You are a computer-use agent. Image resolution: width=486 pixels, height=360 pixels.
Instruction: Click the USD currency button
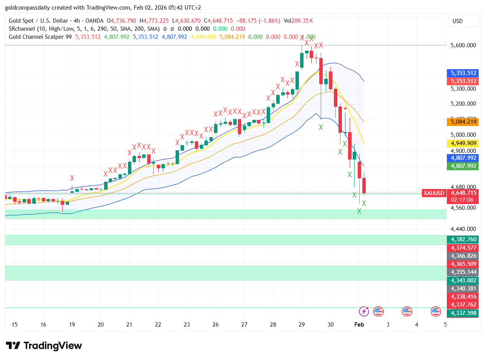463,21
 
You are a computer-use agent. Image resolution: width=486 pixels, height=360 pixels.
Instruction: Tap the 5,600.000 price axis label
463,45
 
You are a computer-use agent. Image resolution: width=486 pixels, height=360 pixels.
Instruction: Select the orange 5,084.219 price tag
463,122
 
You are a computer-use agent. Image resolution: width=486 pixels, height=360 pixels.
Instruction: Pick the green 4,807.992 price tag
463,166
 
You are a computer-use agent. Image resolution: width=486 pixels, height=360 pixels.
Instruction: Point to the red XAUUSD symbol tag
434,193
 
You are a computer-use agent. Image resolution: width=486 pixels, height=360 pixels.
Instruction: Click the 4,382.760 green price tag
463,239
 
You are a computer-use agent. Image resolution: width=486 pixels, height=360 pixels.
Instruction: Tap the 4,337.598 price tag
463,313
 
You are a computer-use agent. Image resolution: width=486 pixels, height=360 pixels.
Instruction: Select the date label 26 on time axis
216,324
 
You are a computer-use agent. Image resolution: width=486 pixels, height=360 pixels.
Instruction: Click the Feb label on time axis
358,324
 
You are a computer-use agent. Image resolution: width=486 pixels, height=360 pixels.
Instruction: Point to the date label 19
72,324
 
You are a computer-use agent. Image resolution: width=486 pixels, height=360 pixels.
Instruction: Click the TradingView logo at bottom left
44,345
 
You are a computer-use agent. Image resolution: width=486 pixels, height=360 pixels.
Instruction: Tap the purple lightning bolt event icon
364,311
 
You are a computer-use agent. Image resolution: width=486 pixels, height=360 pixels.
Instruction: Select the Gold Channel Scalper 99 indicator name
40,37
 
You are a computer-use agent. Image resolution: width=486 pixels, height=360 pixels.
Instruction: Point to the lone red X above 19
72,178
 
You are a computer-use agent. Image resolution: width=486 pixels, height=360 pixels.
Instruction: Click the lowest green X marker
359,211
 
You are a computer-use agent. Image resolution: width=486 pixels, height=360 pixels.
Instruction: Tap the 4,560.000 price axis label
463,208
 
